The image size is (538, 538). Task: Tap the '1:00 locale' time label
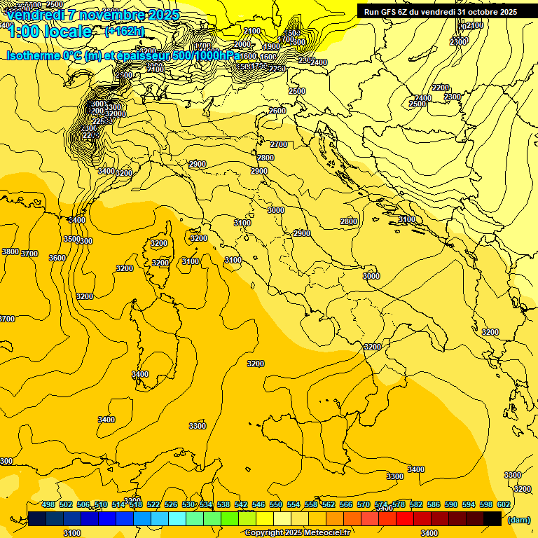coord(49,32)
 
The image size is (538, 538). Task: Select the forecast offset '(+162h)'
coord(125,31)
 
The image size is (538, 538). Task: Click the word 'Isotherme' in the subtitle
coord(34,55)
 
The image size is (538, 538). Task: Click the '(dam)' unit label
coord(518,520)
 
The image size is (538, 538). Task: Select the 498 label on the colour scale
coord(48,504)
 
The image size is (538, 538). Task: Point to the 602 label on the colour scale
coord(503,504)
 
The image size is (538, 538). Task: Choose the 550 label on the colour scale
coord(275,504)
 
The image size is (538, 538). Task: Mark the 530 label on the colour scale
coord(188,504)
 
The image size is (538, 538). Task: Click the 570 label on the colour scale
coord(363,504)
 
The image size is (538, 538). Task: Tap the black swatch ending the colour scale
coord(492,518)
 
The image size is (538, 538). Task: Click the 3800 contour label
coord(11,251)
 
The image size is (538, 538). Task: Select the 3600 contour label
coord(57,258)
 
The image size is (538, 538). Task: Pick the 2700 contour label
coord(279,144)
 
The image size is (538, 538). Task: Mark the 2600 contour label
coord(277,111)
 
